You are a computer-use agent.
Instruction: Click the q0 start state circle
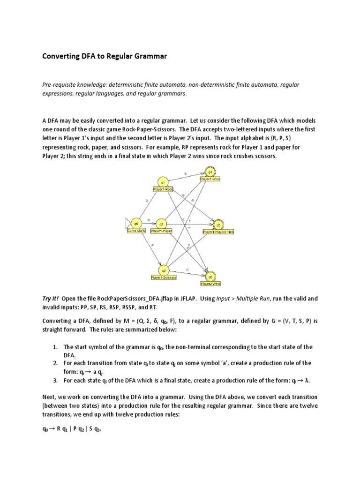[136, 223]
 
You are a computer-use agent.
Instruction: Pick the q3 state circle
[164, 270]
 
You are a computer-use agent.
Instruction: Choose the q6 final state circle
[210, 277]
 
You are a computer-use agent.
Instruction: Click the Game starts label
[136, 231]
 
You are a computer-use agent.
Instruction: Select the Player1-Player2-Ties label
[218, 232]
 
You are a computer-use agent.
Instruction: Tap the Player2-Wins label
[210, 284]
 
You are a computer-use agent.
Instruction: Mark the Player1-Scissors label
[164, 278]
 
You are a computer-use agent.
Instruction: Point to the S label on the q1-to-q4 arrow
[185, 174]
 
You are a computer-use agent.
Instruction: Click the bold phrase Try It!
[51, 299]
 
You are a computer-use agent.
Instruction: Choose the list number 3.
[55, 380]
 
